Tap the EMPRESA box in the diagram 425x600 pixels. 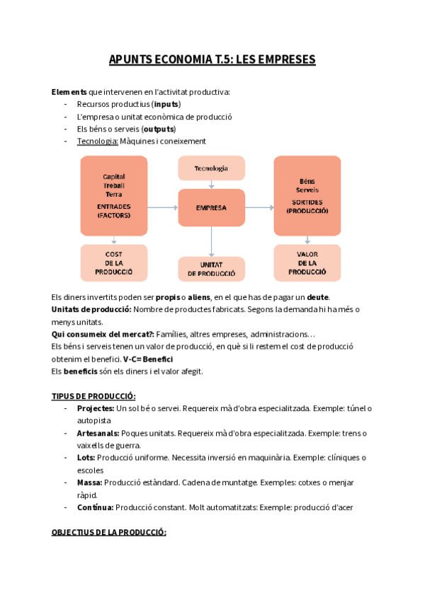211,207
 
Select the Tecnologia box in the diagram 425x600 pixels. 211,168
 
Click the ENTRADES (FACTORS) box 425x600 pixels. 113,196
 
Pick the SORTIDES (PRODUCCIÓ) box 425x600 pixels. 307,196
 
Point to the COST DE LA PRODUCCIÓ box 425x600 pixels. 113,262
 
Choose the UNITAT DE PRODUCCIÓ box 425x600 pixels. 211,269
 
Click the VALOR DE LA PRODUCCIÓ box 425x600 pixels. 307,262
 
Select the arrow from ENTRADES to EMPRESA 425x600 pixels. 163,207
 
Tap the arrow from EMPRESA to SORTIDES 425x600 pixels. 259,207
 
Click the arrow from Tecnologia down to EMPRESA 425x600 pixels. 211,185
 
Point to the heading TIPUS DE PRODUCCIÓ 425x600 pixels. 93,396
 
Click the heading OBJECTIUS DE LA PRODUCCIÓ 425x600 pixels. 108,532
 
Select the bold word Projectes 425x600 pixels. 95,408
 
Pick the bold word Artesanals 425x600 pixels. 97,433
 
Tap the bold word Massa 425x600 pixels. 89,483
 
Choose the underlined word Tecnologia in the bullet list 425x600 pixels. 97,141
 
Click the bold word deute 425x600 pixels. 317,296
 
